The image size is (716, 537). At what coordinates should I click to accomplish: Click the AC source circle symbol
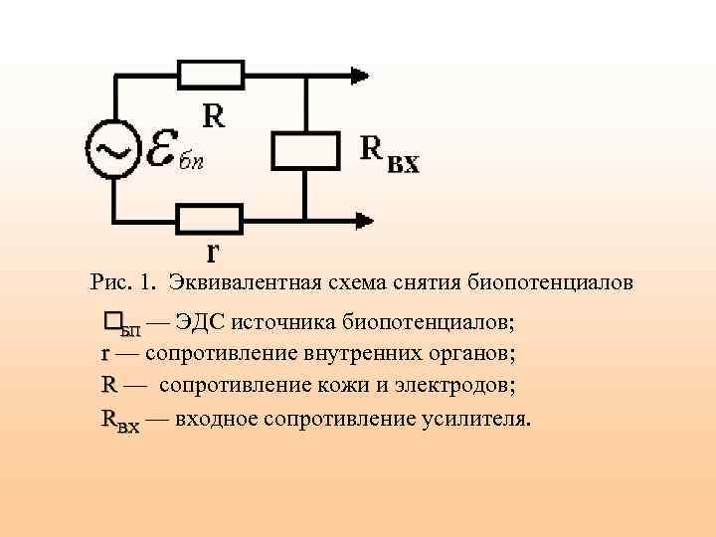pyautogui.click(x=113, y=148)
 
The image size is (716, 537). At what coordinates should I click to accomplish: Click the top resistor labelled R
pyautogui.click(x=211, y=73)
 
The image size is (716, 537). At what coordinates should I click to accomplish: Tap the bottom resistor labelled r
pyautogui.click(x=210, y=218)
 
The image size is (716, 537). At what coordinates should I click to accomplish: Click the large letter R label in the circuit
pyautogui.click(x=214, y=117)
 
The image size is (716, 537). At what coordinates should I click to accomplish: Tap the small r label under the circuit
pyautogui.click(x=213, y=248)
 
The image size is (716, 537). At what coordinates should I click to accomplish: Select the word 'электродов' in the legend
pyautogui.click(x=434, y=385)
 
